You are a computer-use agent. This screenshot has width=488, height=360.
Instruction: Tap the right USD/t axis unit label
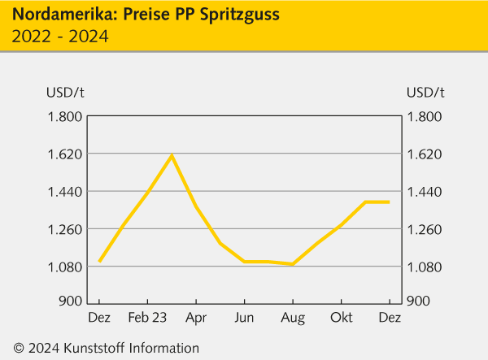tap(425, 91)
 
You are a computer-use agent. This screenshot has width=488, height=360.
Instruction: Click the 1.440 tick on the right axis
tap(425, 192)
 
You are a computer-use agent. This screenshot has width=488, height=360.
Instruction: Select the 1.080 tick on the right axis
tap(425, 267)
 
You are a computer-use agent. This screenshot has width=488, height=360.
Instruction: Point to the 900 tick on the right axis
tap(419, 301)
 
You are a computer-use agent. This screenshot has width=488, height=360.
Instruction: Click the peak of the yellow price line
tap(172, 155)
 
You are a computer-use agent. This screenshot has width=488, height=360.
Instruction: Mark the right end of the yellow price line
tap(389, 202)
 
